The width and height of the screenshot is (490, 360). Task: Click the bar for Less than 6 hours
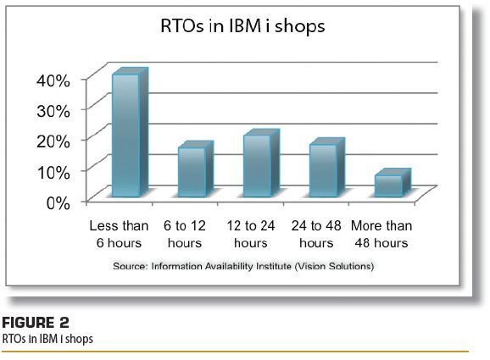[130, 132]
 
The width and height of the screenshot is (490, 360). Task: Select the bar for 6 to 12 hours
[196, 169]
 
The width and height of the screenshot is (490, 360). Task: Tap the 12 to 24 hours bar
[261, 163]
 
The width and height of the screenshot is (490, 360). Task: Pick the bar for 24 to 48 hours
[327, 168]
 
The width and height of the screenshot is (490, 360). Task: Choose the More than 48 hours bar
[393, 183]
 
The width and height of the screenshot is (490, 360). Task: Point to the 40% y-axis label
[53, 80]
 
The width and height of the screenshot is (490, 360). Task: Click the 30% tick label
[53, 111]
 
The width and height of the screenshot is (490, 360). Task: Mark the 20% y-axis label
[53, 141]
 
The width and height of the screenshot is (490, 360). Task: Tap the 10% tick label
[53, 172]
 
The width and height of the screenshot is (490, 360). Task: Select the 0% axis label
[58, 203]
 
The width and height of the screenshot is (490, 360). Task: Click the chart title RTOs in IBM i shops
[242, 25]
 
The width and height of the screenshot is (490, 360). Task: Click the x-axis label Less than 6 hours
[119, 234]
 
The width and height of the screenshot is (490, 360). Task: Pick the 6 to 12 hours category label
[185, 234]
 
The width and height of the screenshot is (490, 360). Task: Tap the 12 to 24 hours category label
[251, 234]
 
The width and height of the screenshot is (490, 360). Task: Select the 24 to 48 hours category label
[316, 234]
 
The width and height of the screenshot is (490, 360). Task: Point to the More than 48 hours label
[381, 234]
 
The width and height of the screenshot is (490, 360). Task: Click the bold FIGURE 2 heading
[36, 323]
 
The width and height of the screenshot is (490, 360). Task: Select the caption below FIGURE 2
[47, 339]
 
